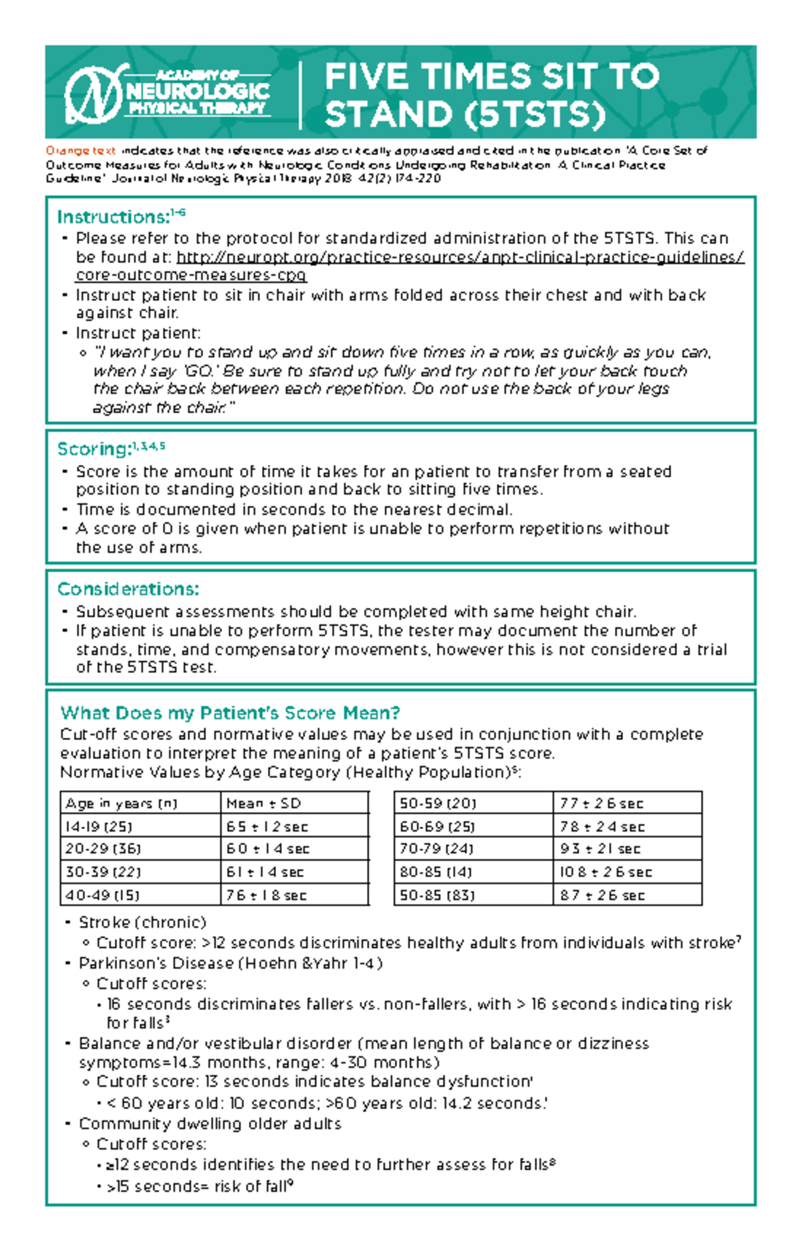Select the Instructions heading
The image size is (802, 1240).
coord(114,217)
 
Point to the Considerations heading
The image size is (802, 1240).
coord(128,589)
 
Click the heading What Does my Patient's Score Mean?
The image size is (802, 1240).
coord(230,713)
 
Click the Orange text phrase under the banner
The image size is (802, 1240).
coord(80,151)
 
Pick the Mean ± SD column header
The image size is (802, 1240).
coord(264,803)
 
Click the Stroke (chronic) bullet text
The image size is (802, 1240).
coord(142,922)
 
